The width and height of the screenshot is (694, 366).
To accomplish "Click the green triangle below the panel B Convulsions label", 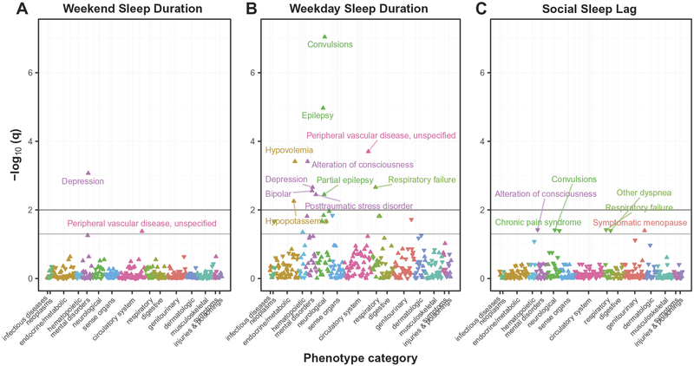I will pos(324,36).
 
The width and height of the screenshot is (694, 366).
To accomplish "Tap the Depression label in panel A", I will pos(82,181).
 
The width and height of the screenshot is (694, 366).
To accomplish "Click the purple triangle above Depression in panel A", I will pos(88,173).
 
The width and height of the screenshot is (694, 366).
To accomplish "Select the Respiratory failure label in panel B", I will pos(422,180).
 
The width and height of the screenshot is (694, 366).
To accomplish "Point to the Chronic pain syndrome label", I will pos(538,223).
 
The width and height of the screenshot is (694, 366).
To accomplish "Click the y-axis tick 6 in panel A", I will pos(29,72).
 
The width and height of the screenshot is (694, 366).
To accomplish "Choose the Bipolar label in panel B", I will pos(278,193).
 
